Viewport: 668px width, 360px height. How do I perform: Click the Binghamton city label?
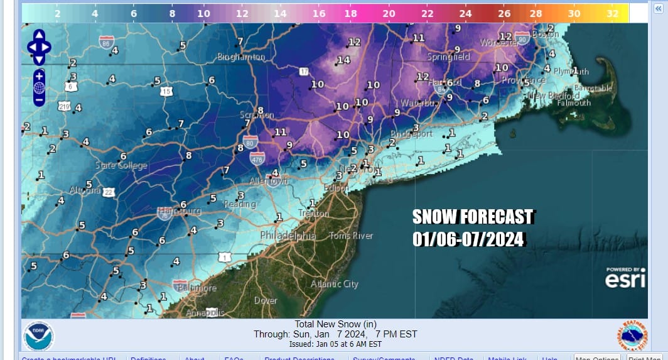point(241,57)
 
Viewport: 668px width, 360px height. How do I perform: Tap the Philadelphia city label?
point(288,236)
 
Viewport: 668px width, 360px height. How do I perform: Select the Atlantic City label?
point(334,284)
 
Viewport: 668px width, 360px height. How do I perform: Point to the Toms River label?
point(352,236)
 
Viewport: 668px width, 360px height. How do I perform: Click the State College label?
point(121,165)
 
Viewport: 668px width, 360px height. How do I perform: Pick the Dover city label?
point(266,301)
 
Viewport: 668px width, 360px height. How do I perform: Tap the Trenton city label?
point(314,214)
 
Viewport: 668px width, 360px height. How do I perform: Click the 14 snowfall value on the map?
point(343,60)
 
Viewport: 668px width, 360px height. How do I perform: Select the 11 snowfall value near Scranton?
point(280,132)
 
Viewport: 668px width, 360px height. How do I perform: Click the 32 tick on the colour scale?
point(613,13)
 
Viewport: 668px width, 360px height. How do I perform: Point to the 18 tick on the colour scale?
point(350,13)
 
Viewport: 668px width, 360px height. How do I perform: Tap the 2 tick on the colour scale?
point(57,13)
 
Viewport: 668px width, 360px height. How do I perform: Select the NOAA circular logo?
point(39,335)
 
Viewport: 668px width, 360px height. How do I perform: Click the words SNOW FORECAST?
point(472,217)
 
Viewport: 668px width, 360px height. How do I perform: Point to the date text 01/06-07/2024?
point(468,239)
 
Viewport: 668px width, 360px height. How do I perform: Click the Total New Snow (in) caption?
point(336,324)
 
